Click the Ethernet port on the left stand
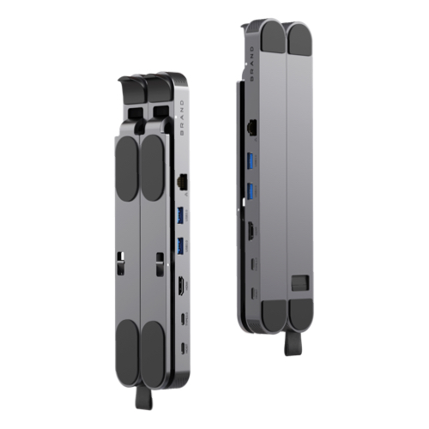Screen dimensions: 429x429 pos(183,182)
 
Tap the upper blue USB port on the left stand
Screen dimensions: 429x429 pos(180,214)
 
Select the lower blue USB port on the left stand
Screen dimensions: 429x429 pos(180,245)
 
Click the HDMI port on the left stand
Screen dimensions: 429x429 pos(182,285)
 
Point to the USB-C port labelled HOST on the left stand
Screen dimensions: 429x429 pos(183,347)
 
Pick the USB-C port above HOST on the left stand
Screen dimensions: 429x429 pos(183,318)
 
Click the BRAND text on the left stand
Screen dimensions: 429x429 pos(183,117)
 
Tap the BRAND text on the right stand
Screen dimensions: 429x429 pos(252,64)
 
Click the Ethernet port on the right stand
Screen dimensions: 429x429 pos(252,126)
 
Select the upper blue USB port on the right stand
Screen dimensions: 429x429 pos(251,160)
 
